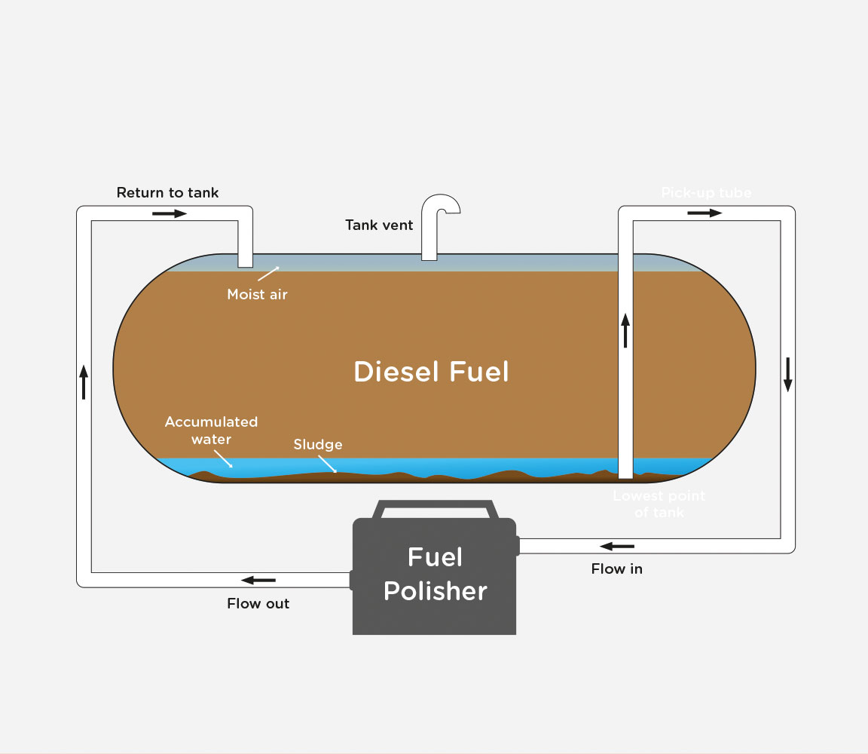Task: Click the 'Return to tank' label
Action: click(x=167, y=193)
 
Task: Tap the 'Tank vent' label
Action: click(x=379, y=225)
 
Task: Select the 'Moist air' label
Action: click(x=257, y=294)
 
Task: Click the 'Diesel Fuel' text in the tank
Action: click(x=431, y=372)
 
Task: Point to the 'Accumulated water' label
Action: click(x=211, y=431)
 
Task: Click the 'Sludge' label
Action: click(x=318, y=445)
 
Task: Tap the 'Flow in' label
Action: click(x=616, y=569)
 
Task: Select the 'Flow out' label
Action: click(x=258, y=603)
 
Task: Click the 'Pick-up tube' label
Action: click(x=706, y=193)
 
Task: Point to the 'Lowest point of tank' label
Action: click(x=659, y=504)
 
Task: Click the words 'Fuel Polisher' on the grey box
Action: click(x=435, y=575)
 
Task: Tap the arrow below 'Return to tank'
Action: click(x=169, y=213)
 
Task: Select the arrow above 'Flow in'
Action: click(x=617, y=546)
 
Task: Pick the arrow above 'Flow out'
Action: click(x=258, y=580)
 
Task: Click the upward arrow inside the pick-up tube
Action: click(x=625, y=330)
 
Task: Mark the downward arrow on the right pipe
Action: click(x=787, y=375)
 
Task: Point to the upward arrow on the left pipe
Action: click(x=84, y=382)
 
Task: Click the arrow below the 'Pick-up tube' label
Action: click(x=704, y=213)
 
